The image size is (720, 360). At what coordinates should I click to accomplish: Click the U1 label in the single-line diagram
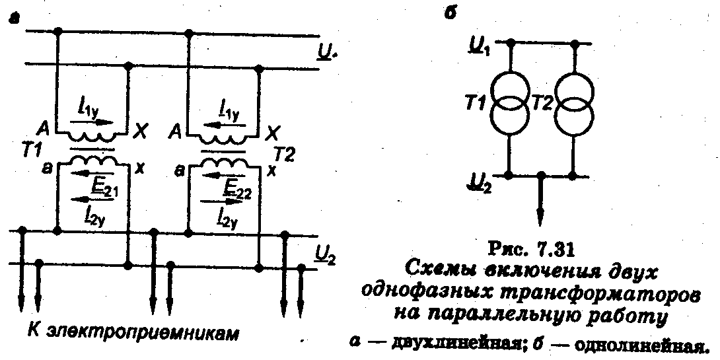pos(480,46)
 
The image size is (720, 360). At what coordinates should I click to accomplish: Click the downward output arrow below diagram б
pos(541,211)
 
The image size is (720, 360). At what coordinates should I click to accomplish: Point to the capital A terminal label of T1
pos(44,128)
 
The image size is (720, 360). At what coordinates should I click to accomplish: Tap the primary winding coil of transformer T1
pos(92,137)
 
